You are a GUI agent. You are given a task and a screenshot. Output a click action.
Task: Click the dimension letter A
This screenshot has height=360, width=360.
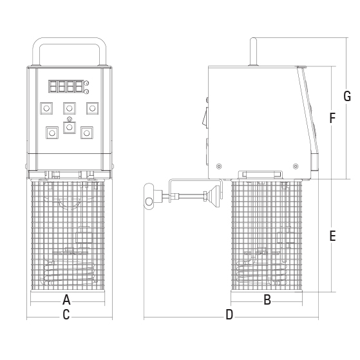66,299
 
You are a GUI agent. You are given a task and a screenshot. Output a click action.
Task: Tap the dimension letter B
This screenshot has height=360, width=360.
267,299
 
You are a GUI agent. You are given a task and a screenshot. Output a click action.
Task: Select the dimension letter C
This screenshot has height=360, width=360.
66,314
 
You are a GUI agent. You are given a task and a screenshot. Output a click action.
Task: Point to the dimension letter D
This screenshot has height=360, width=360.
229,314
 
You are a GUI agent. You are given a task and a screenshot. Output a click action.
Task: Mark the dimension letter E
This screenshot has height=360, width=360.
332,236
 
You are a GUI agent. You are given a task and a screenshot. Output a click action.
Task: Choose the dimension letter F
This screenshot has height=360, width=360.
332,118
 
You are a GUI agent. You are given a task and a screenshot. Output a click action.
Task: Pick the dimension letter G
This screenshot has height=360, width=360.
347,96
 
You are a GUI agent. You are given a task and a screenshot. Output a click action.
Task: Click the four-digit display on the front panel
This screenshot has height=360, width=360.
66,86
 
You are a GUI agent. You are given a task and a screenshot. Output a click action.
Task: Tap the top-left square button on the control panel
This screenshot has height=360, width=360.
46,108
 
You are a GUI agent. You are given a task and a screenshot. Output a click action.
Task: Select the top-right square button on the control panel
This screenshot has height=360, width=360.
92,108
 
